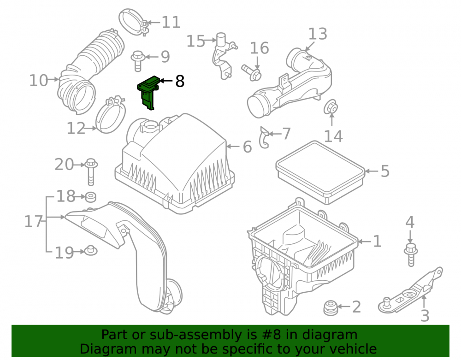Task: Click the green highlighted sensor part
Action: coord(148,91)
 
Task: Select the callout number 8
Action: coord(180,81)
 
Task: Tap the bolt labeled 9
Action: coord(137,61)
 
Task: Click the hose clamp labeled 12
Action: coord(110,115)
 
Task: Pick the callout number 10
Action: coord(39,80)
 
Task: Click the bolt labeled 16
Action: coord(252,72)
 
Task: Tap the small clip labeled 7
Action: coord(264,137)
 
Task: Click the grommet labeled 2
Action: coord(331,308)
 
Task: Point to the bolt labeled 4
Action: coord(411,254)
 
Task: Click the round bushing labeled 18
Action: coord(90,197)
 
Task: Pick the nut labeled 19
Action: coord(91,250)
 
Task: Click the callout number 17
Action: coord(34,221)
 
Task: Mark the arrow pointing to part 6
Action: coord(233,147)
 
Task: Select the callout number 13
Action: coord(318,34)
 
